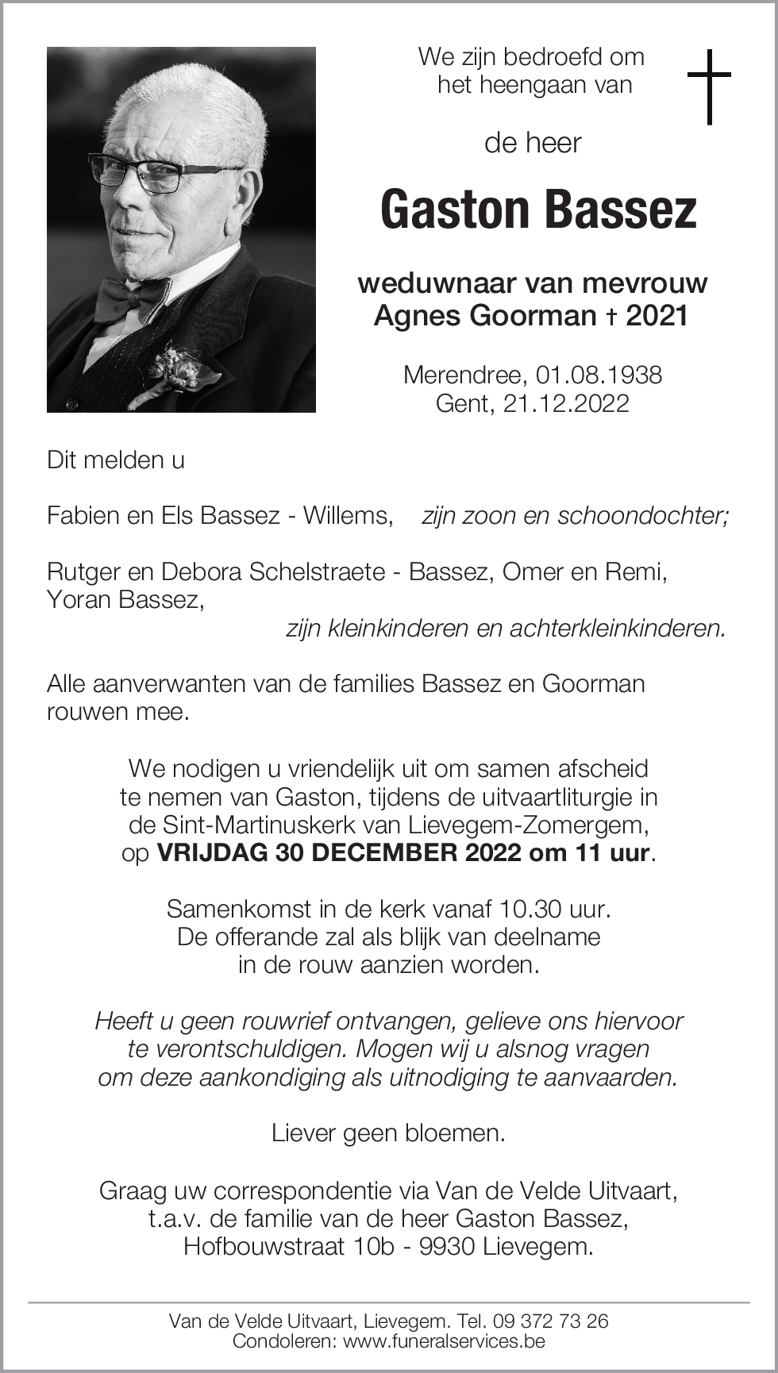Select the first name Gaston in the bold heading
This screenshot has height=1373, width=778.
(455, 210)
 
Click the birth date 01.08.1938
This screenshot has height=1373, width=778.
(599, 375)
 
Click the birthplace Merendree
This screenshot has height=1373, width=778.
(464, 375)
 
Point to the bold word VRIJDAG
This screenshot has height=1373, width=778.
(213, 853)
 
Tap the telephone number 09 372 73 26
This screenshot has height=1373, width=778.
(551, 1321)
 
